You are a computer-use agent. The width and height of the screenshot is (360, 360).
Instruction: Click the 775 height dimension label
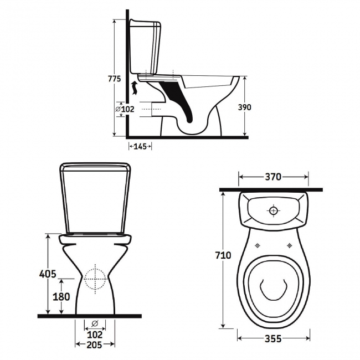click(114, 79)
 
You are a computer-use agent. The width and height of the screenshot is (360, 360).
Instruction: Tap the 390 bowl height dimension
click(244, 107)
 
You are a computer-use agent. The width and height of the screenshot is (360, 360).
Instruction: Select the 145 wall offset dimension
click(140, 146)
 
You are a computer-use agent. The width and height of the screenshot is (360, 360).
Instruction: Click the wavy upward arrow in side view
click(135, 88)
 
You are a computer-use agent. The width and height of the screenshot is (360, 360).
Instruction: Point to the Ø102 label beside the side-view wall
click(125, 109)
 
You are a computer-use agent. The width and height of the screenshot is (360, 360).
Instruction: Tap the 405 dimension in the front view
click(48, 274)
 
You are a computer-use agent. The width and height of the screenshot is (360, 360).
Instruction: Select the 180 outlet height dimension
click(61, 297)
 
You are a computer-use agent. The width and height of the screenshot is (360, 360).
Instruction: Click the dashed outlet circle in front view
click(95, 279)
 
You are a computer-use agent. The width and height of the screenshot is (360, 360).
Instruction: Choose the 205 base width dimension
click(95, 344)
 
